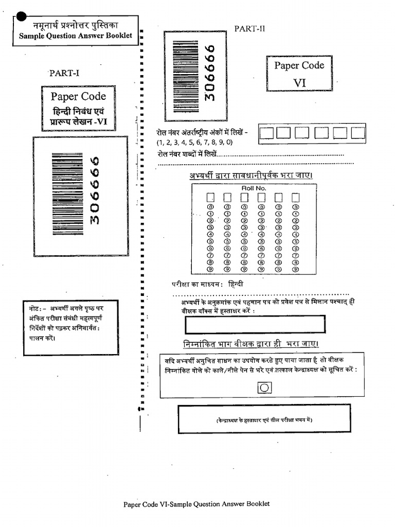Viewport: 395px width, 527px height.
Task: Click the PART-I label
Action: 64,73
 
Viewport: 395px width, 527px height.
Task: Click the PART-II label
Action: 249,29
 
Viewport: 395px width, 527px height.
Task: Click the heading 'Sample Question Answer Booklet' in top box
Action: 76,36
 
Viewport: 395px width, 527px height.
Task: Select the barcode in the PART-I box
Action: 67,194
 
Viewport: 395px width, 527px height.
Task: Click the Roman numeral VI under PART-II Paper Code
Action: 299,82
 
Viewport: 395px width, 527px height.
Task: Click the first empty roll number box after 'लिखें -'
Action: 266,133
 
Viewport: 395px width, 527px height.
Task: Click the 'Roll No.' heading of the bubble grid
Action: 252,189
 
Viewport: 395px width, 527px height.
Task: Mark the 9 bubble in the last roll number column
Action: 295,269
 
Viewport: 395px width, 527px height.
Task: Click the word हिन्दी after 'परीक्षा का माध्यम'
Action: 236,284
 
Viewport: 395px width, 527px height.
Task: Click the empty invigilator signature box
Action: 255,324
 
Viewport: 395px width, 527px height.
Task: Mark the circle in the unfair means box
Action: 264,387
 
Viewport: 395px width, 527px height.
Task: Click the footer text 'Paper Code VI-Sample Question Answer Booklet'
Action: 196,504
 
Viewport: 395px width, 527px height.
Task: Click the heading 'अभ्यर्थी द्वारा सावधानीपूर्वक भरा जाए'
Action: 250,175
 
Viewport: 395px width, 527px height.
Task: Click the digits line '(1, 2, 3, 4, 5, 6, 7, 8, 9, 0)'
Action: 195,143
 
